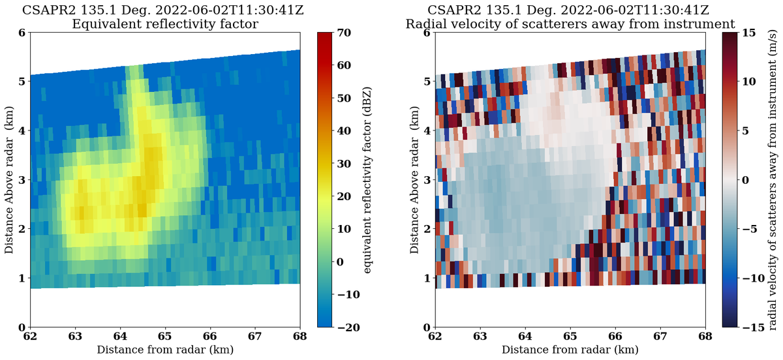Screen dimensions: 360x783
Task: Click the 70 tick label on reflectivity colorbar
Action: tap(349, 32)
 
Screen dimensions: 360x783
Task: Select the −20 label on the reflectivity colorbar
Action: tap(352, 327)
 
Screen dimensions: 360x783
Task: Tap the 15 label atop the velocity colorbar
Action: tap(750, 32)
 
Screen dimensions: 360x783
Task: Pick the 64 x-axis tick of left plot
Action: tap(120, 337)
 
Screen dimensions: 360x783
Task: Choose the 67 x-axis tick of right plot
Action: tap(660, 337)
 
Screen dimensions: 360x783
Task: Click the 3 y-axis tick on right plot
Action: tap(427, 179)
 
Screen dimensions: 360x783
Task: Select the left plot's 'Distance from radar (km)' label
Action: tap(164, 350)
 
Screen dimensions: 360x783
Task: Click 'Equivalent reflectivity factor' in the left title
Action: tap(164, 24)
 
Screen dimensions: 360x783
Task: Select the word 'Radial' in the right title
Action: tap(425, 24)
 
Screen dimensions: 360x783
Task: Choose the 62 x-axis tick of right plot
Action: tap(435, 337)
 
